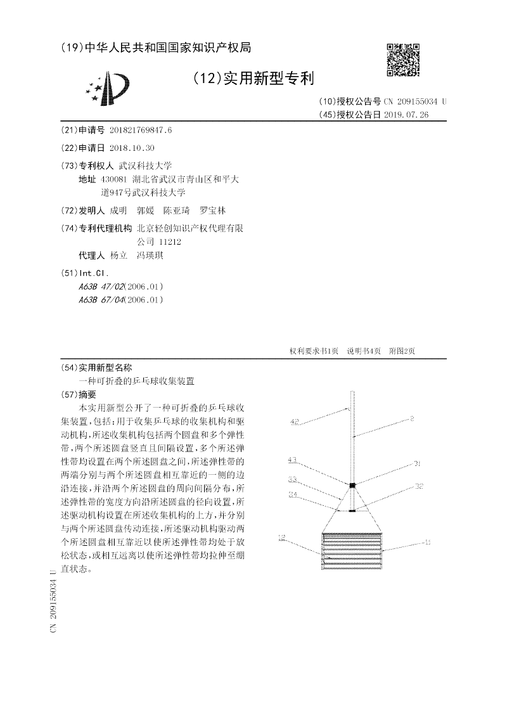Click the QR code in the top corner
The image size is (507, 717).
coord(403,60)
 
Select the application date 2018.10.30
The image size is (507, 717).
coord(132,148)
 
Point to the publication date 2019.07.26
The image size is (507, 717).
coord(406,115)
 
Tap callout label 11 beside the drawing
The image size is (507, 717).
coord(428,542)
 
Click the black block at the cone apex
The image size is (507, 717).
coord(352,486)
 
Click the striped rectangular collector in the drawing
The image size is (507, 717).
coord(352,549)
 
